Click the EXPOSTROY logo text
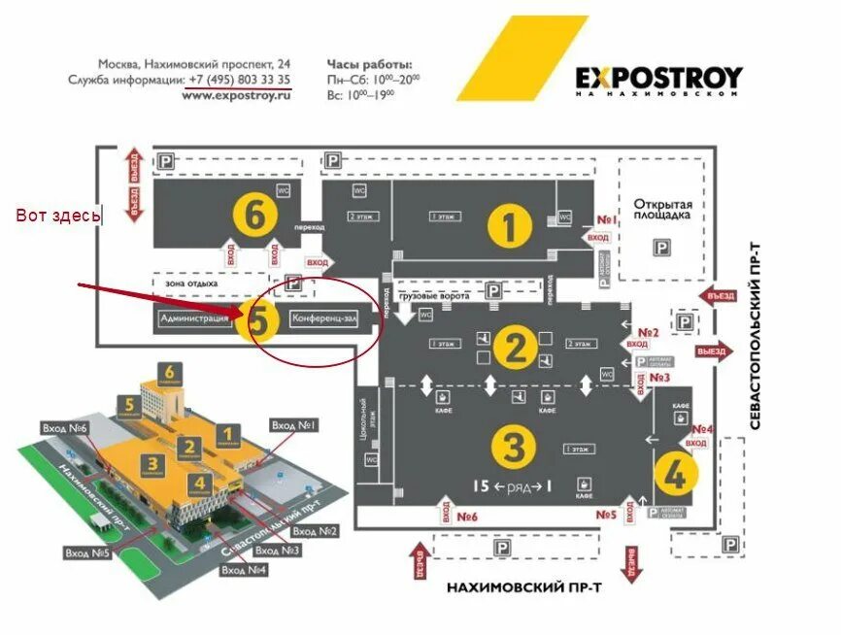658,77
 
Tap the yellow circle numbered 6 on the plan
254,217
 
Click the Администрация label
194,318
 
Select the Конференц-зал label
324,318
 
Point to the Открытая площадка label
663,210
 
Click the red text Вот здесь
57,216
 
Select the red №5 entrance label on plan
607,516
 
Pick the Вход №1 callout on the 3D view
295,425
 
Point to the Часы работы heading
370,62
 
